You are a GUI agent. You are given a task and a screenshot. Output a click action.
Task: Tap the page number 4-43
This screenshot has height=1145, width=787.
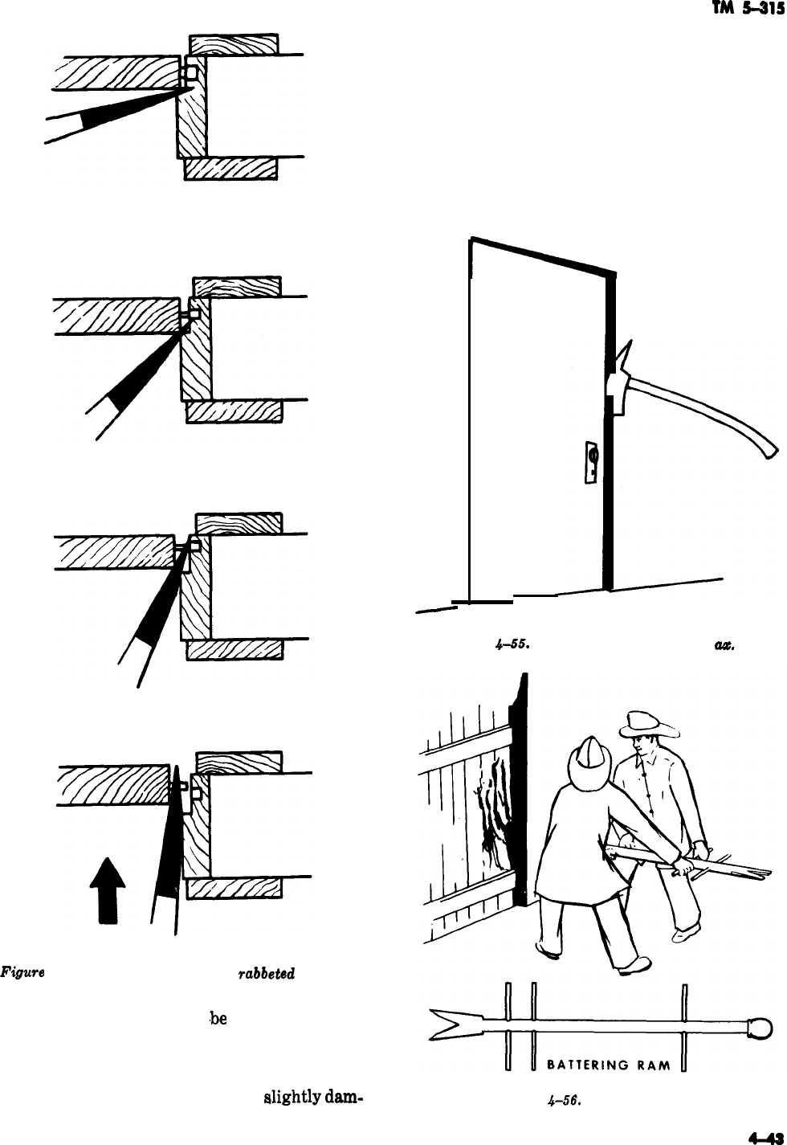[x=765, y=1137]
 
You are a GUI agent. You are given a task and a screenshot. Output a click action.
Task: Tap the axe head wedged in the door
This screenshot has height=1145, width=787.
[x=619, y=378]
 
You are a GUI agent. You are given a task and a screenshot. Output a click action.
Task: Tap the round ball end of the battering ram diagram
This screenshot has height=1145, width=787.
[x=759, y=1027]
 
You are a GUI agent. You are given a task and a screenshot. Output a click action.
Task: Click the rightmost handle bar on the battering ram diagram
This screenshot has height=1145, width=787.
[x=683, y=1028]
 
